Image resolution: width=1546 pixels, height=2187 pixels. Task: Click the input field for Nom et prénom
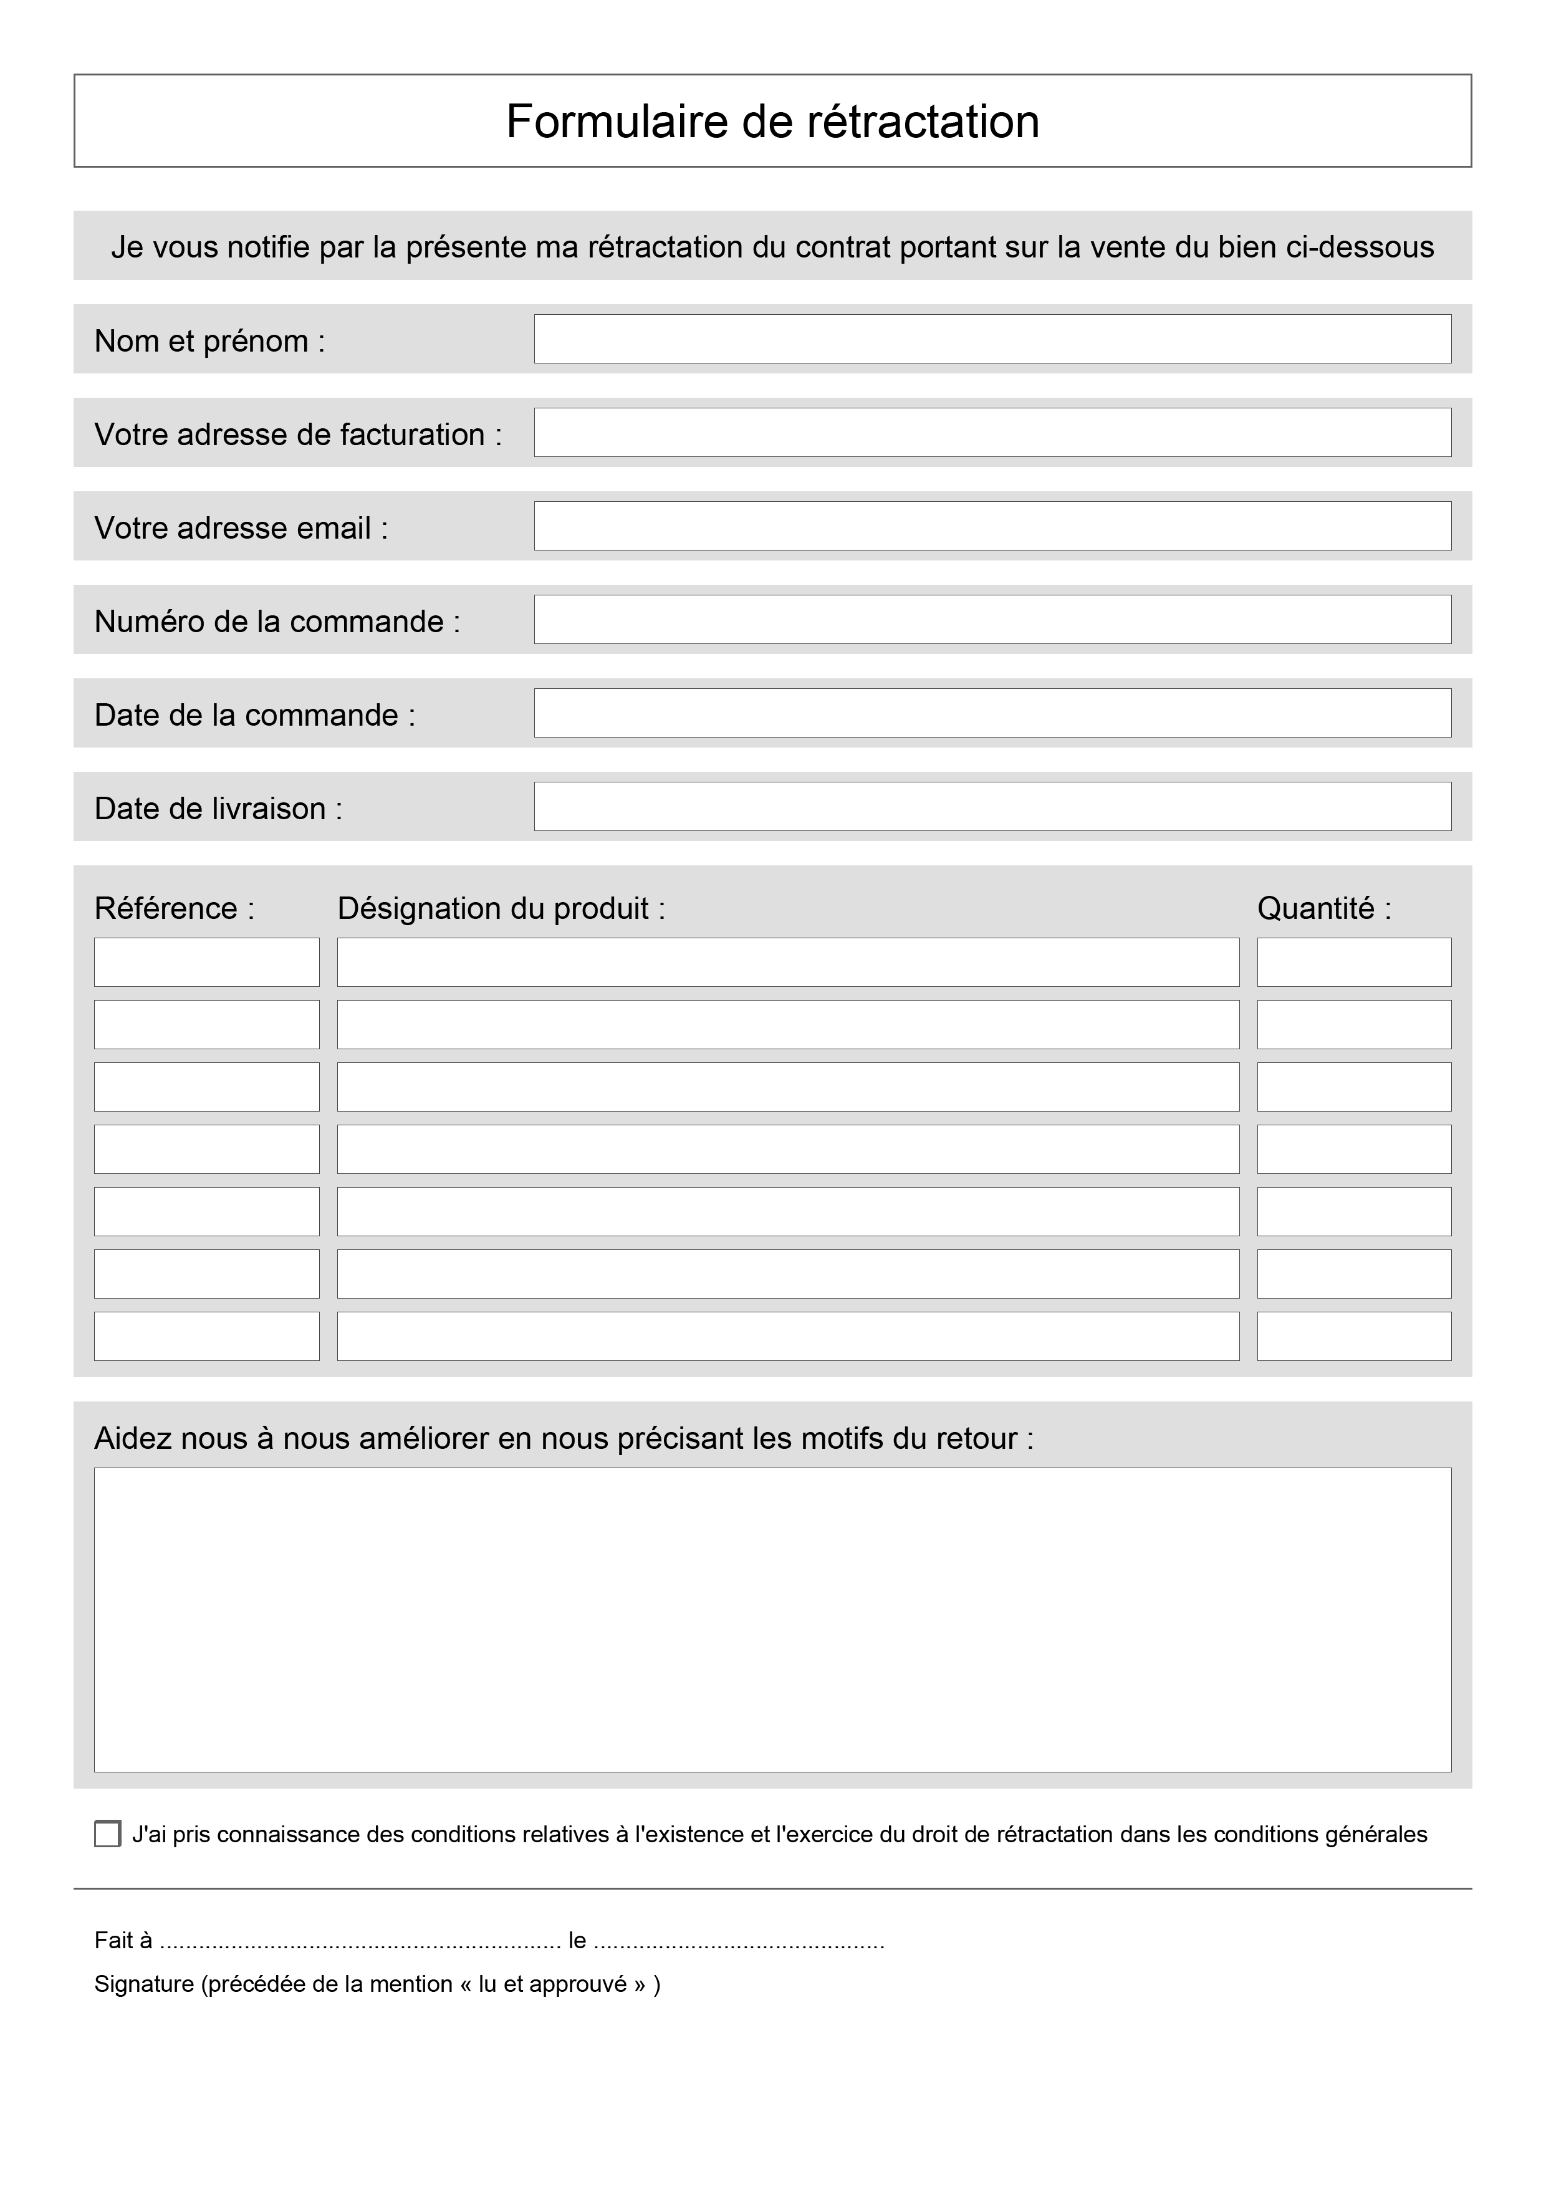click(x=992, y=339)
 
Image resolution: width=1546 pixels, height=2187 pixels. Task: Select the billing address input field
click(x=992, y=433)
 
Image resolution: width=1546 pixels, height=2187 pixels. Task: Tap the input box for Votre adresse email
click(x=992, y=526)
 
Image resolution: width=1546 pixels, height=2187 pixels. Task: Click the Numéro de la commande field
click(x=992, y=619)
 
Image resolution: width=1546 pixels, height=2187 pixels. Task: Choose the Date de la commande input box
click(x=992, y=713)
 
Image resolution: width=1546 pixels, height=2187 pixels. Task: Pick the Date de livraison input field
click(x=992, y=806)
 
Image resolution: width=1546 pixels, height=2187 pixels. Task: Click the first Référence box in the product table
click(x=207, y=962)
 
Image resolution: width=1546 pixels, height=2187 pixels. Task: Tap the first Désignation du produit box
click(x=788, y=962)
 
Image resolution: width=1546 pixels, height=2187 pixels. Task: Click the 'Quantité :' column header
click(x=1324, y=909)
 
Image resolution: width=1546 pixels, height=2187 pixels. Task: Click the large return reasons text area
click(x=772, y=1619)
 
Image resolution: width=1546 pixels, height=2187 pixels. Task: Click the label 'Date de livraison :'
click(x=218, y=809)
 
